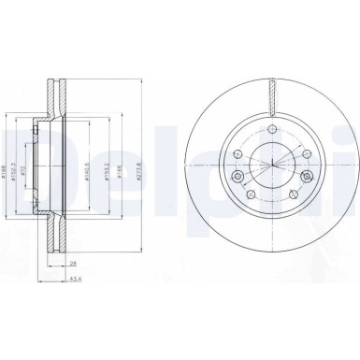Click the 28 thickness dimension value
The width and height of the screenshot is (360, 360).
74,265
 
